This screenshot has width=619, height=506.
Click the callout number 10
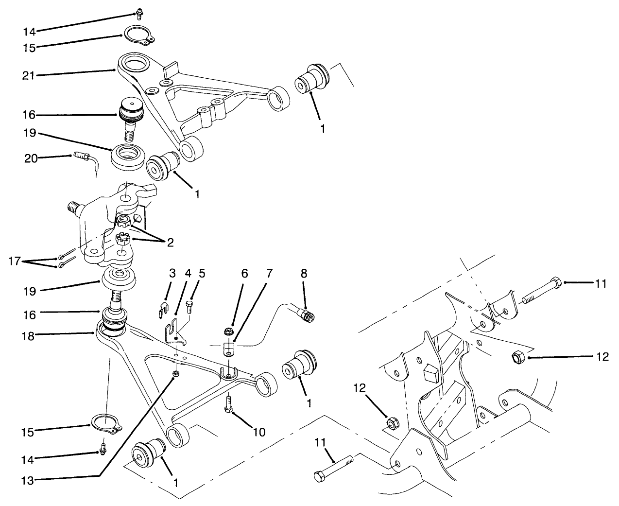(x=258, y=431)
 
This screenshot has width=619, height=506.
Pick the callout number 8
(x=305, y=273)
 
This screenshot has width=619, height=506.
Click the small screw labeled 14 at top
(x=140, y=13)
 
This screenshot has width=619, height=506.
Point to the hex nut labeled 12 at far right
(x=517, y=358)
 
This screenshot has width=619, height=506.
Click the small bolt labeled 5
(x=189, y=306)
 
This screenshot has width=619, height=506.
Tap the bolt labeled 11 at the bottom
(x=334, y=468)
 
